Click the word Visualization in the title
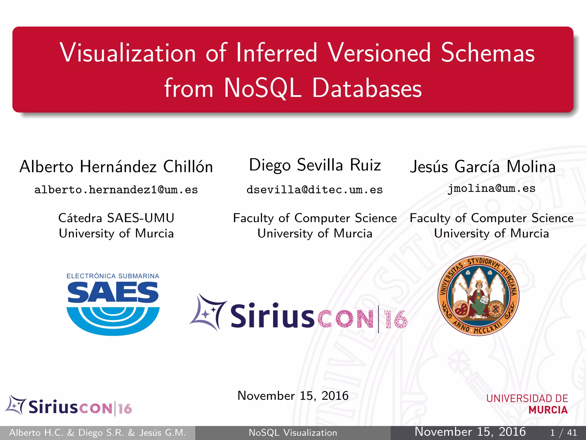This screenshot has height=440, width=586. coord(128,53)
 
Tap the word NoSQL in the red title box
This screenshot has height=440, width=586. coord(263,88)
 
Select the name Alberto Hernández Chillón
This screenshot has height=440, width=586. coord(116,167)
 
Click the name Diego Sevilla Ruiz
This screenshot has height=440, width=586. coord(315,165)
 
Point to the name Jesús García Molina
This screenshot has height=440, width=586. coord(483,167)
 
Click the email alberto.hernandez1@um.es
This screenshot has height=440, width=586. coord(116,190)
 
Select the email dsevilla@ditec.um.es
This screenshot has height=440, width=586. coord(314,190)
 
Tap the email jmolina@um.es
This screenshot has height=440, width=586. coord(491,188)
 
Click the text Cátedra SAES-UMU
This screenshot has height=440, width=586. coord(116,218)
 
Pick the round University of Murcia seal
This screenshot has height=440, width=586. coord(478,296)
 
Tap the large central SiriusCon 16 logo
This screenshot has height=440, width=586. coord(298,315)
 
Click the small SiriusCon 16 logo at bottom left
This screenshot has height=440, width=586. coord(69,406)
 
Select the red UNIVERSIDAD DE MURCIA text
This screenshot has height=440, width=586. coord(527,404)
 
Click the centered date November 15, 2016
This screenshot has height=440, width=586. coord(293,396)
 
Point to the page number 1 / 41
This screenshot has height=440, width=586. coord(563,433)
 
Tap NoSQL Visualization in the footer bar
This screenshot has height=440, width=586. coord(293,433)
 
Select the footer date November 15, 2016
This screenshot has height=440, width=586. coord(470,432)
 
